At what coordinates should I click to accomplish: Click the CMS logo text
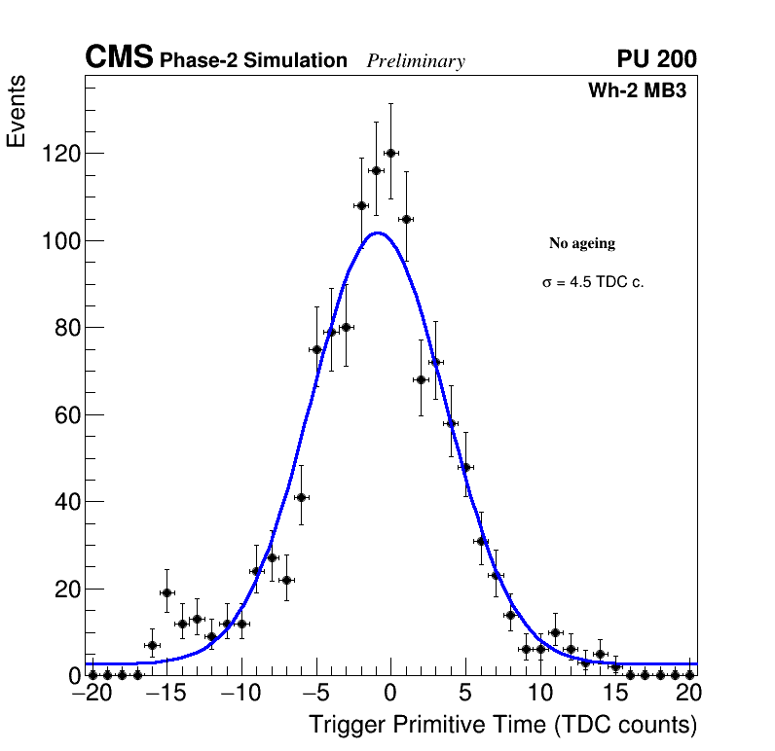click(x=119, y=58)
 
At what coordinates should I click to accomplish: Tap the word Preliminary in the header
click(x=416, y=61)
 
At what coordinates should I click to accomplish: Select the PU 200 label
click(x=656, y=59)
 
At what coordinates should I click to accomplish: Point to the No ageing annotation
click(x=582, y=243)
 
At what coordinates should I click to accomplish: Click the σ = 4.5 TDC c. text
click(x=593, y=283)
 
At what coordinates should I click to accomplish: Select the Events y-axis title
click(x=17, y=111)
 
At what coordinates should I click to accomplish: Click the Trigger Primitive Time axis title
click(x=502, y=725)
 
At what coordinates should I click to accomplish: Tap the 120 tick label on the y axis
click(x=60, y=154)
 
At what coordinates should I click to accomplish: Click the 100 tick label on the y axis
click(x=60, y=241)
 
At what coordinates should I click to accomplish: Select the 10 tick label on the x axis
click(x=539, y=695)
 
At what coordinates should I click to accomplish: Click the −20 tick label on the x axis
click(x=86, y=695)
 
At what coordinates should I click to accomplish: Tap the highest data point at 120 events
click(x=390, y=153)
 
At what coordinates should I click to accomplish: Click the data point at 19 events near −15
click(x=166, y=592)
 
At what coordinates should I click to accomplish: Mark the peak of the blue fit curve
click(x=379, y=232)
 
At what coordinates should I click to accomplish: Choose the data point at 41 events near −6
click(x=301, y=497)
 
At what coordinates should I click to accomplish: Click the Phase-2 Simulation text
click(x=253, y=61)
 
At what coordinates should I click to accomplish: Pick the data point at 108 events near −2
click(x=361, y=205)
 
